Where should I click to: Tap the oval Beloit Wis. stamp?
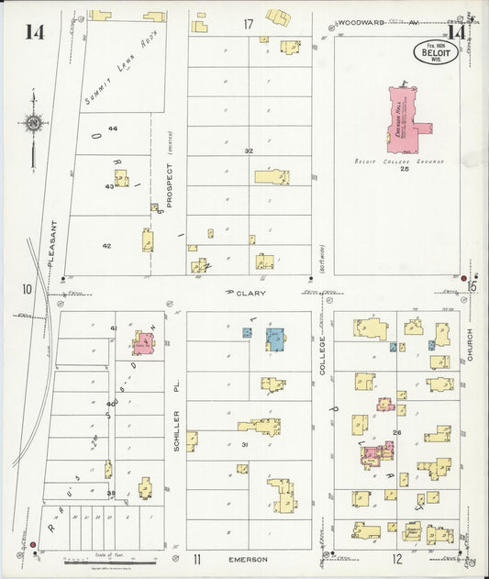click(x=436, y=51)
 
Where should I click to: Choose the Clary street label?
click(x=254, y=293)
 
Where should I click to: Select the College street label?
click(x=322, y=353)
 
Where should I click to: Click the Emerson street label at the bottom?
click(x=248, y=559)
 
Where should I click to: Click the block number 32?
click(x=248, y=150)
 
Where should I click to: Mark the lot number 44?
click(x=113, y=128)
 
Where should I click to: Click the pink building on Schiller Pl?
click(x=143, y=343)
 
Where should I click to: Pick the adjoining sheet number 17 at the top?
click(x=248, y=23)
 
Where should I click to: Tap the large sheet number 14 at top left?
click(x=35, y=32)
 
